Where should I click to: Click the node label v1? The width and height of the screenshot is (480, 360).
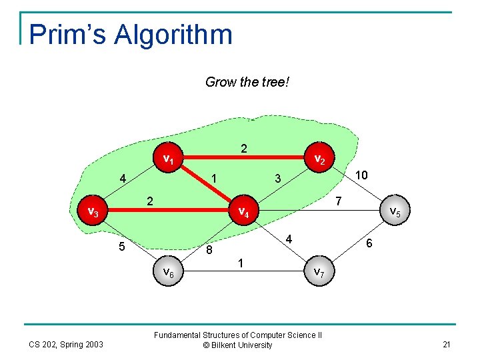(169, 159)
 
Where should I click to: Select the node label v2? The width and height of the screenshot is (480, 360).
(319, 159)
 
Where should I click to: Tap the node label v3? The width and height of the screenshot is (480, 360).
(94, 212)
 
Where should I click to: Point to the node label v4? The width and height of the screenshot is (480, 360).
(244, 213)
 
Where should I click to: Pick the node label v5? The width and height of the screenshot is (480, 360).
(395, 212)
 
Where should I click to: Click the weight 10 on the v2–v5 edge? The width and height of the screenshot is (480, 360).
(361, 175)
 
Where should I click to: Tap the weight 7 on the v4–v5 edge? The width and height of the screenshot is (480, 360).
(339, 200)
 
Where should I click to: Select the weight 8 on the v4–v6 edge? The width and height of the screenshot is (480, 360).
(209, 251)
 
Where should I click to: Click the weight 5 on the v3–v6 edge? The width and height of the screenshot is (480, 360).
(121, 247)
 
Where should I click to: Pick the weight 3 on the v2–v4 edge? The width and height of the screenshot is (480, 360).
(278, 178)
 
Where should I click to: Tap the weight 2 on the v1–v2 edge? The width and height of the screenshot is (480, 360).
(244, 149)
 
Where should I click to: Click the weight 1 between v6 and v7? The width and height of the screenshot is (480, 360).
(241, 264)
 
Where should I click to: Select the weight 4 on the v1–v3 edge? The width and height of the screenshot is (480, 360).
(123, 179)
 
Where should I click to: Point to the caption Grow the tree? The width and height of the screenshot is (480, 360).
(247, 82)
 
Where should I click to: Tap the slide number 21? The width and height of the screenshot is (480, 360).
(446, 343)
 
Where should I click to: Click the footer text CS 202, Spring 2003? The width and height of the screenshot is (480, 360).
(65, 344)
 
